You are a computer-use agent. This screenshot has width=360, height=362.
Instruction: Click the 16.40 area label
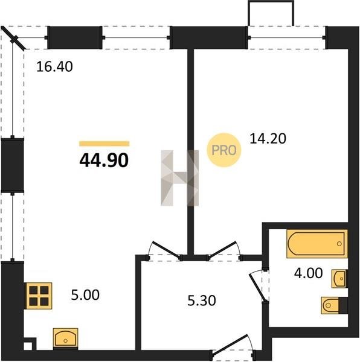click(x=54, y=66)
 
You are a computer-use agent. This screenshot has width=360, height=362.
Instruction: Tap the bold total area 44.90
click(x=104, y=160)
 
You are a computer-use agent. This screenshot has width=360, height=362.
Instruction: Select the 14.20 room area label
click(x=268, y=139)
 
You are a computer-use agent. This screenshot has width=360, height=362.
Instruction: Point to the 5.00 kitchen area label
click(x=85, y=295)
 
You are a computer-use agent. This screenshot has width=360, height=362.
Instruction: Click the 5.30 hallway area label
click(x=202, y=300)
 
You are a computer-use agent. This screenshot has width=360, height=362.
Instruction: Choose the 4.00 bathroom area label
click(x=308, y=273)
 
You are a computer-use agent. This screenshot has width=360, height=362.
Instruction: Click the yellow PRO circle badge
click(x=224, y=150)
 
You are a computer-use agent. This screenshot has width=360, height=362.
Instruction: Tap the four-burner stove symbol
click(x=39, y=296)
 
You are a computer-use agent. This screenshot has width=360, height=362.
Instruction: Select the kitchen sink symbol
click(x=66, y=338)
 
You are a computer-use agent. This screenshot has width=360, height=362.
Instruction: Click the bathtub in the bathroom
click(x=317, y=244)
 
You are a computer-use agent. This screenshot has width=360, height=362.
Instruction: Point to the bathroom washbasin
click(x=339, y=279)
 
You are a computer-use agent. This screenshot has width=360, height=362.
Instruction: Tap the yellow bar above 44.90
click(x=104, y=144)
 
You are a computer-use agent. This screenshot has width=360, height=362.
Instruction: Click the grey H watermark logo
click(x=179, y=178)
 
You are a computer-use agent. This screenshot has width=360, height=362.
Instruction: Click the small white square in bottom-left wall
click(x=28, y=346)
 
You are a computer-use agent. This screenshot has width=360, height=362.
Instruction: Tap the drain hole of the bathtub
click(x=339, y=244)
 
